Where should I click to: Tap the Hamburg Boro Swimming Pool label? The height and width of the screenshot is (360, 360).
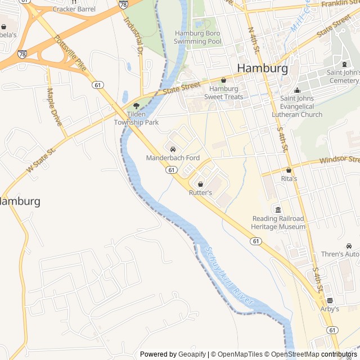pos(197,37)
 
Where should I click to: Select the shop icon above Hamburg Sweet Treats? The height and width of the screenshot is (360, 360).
pos(223,80)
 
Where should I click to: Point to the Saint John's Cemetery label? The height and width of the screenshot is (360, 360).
pos(343,76)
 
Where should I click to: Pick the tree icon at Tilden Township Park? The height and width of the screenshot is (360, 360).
pos(136,106)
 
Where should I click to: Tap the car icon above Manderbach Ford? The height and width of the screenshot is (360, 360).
pos(173,150)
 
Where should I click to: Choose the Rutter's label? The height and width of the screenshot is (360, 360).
pos(200,192)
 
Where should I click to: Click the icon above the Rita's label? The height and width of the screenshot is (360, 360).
pos(289,170)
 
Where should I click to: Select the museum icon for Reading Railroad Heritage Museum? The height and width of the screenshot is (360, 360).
pos(278,210)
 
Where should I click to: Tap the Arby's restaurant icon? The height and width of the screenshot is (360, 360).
pos(330,301)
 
